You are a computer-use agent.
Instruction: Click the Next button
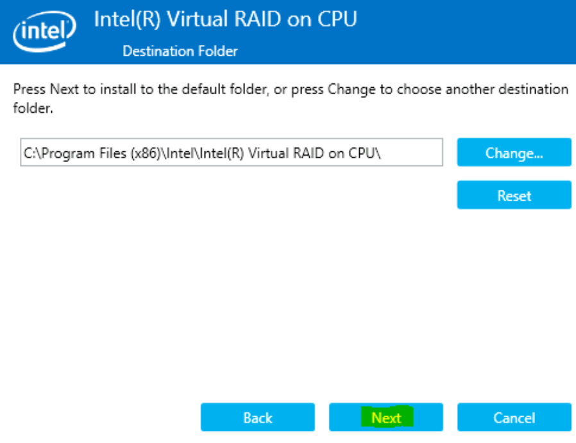click(385, 417)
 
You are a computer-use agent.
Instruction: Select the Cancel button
click(514, 417)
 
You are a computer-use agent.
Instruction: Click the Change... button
click(514, 153)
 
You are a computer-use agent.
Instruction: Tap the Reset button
click(514, 195)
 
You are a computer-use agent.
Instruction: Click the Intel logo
click(44, 31)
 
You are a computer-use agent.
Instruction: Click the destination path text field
click(232, 153)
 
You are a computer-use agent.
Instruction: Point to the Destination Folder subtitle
click(180, 51)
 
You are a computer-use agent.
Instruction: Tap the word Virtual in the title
click(198, 19)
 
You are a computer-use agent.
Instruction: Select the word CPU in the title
click(337, 19)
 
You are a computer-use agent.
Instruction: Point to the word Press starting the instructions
click(30, 89)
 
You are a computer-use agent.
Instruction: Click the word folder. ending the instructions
click(33, 108)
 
